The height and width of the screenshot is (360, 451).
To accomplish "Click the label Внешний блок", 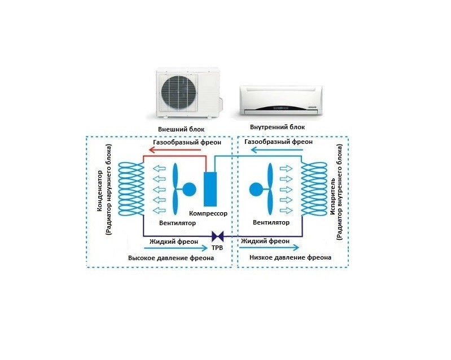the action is (x=181, y=129).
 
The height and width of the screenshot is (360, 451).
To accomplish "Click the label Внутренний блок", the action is (x=277, y=127).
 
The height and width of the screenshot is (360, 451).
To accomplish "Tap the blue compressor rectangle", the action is (x=210, y=189).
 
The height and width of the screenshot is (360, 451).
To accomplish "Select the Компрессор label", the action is (x=208, y=213).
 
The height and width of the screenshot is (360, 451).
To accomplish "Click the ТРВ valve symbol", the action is (x=218, y=236).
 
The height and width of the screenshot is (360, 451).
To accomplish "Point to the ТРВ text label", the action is (x=217, y=248).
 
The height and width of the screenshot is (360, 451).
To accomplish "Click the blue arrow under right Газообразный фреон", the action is (x=277, y=150).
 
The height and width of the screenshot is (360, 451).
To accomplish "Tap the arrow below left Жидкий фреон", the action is (x=176, y=248).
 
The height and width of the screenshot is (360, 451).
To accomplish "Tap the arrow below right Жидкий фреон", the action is (x=269, y=247).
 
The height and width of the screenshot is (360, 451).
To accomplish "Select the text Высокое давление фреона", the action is (x=171, y=258).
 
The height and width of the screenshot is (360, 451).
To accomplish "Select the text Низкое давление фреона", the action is (x=290, y=257).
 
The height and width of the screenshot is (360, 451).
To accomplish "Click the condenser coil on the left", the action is (x=131, y=189).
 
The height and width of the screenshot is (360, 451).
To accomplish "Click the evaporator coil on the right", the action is (x=314, y=189).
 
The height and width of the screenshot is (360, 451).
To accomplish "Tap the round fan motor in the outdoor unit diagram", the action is (x=189, y=189).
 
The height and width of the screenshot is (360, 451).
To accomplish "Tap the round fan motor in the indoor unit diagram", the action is (x=256, y=190).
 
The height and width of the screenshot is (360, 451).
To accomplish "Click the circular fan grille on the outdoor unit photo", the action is (x=179, y=93).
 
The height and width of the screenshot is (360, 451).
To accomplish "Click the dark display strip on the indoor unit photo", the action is (x=280, y=108).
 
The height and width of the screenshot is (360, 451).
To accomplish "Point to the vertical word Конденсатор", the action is (x=99, y=191).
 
